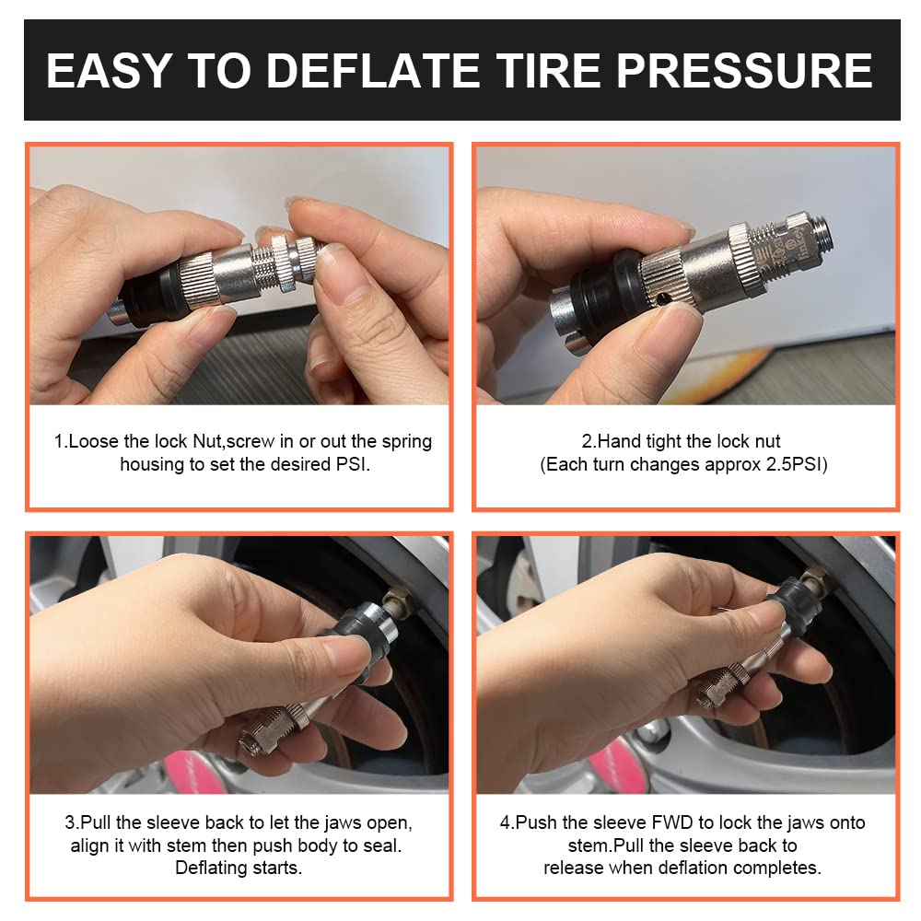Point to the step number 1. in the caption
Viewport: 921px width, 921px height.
click(60, 441)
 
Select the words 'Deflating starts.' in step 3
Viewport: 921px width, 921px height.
click(238, 868)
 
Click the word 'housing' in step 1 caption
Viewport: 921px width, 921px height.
click(153, 464)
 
